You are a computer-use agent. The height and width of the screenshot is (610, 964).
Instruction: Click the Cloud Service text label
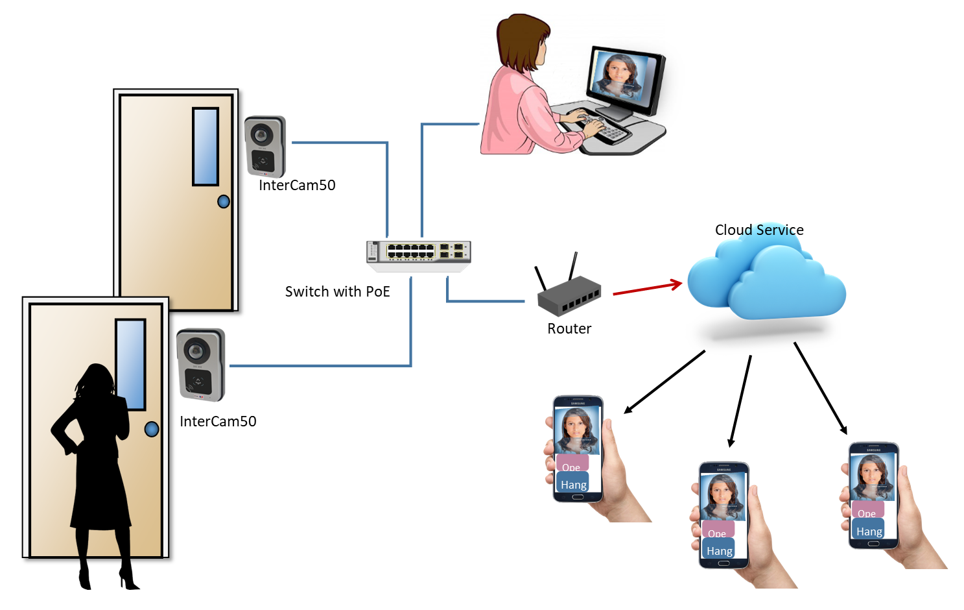(758, 230)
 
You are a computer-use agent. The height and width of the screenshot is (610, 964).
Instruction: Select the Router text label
(569, 328)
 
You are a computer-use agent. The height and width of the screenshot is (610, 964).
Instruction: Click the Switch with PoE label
(337, 291)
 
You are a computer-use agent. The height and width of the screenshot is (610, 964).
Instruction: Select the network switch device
(419, 253)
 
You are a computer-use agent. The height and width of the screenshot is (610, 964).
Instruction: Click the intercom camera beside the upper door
(265, 147)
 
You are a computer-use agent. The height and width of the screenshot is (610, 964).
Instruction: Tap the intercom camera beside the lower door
(201, 364)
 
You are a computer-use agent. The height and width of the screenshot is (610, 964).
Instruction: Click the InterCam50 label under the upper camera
(297, 185)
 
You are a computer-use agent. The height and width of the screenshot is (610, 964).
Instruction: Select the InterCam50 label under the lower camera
(218, 421)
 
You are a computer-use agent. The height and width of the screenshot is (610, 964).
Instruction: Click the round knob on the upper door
(224, 202)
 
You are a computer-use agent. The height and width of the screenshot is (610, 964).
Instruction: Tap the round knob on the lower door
(152, 429)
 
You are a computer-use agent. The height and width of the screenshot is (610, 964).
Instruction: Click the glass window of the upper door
(206, 147)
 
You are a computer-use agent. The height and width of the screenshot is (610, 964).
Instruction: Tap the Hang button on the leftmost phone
(573, 484)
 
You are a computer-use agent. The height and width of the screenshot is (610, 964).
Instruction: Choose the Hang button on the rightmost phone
(869, 531)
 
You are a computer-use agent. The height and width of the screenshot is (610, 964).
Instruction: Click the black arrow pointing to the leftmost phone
(664, 382)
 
